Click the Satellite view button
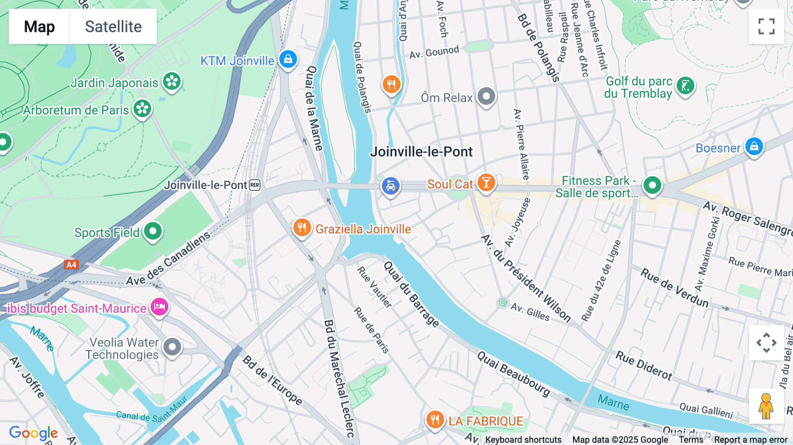tap(113, 26)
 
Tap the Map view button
tap(39, 26)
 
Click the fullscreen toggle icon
tap(766, 26)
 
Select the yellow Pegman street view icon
tap(766, 406)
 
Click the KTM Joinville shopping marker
tap(288, 59)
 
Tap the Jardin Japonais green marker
tap(172, 81)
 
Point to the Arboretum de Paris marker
tap(142, 108)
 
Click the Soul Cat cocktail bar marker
tap(486, 182)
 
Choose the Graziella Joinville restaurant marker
tap(302, 228)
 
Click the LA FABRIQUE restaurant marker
tap(435, 419)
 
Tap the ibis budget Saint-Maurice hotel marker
tap(159, 307)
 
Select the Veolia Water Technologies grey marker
tap(172, 347)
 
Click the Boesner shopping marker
tap(754, 146)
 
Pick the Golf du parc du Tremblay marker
tap(685, 85)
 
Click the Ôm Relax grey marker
tap(486, 96)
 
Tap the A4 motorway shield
tap(71, 265)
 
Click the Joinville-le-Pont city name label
tap(421, 152)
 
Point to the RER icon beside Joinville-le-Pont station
tap(255, 185)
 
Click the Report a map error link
tap(751, 440)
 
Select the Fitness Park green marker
tap(652, 185)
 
